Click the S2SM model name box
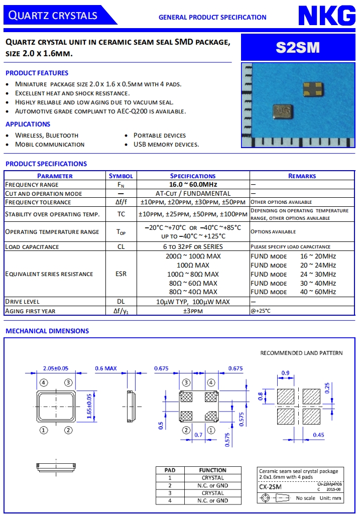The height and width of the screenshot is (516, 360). [298, 47]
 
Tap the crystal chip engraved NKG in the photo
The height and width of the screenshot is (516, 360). [282, 110]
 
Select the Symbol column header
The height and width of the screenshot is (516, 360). [121, 176]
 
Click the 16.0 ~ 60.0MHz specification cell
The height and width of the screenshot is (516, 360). [193, 185]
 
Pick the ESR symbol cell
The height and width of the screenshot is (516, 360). [121, 274]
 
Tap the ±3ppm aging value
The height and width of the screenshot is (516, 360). [193, 311]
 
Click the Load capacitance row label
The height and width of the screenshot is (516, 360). [32, 246]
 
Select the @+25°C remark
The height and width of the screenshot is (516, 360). [261, 311]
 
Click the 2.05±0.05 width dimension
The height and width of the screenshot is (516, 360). [56, 368]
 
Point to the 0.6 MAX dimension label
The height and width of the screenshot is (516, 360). [106, 368]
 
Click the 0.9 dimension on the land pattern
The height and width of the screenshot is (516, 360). [286, 372]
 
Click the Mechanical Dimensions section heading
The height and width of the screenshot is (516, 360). [47, 331]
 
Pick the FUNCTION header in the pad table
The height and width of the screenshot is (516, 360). [212, 470]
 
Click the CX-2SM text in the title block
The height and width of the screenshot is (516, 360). [270, 487]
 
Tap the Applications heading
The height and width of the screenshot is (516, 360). [28, 124]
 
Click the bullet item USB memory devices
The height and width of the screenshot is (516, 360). [166, 145]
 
